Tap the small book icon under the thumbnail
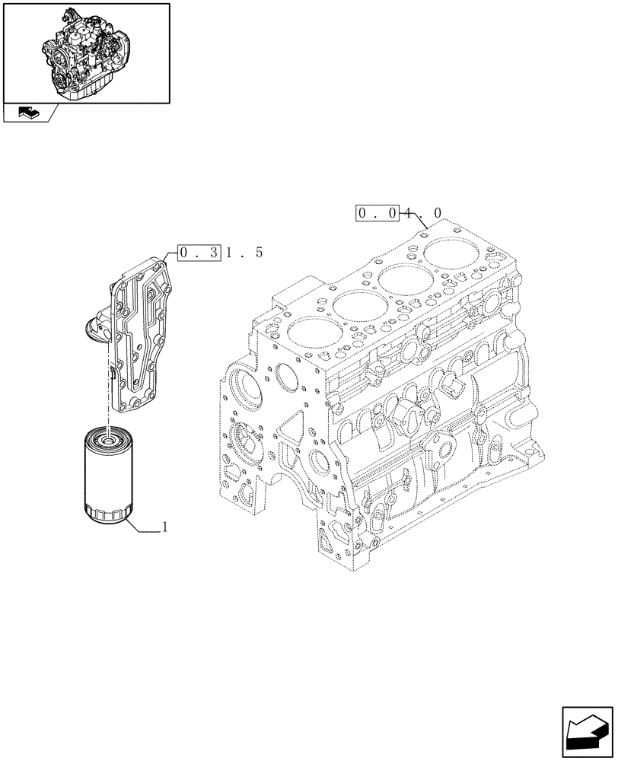pyautogui.click(x=26, y=113)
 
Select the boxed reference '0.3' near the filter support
pyautogui.click(x=199, y=252)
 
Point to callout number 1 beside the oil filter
pyautogui.click(x=165, y=527)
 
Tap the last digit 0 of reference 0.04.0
pyautogui.click(x=437, y=215)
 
